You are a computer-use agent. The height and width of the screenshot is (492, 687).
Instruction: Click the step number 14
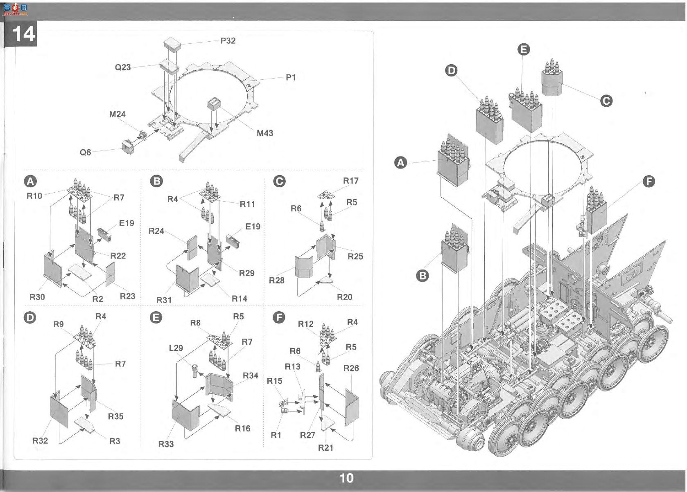[24, 34]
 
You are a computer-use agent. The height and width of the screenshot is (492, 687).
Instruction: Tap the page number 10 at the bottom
[346, 478]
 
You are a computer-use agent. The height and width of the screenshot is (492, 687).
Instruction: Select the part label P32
[228, 41]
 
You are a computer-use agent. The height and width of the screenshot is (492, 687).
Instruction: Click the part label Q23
[123, 67]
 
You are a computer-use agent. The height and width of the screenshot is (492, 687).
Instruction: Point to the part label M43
[264, 133]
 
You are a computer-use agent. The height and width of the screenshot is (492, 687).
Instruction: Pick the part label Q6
[85, 152]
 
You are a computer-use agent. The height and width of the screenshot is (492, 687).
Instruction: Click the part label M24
[117, 114]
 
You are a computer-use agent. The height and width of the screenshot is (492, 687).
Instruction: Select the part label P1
[291, 77]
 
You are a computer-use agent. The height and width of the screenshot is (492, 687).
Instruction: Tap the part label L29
[176, 348]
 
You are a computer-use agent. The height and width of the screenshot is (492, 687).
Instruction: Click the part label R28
[276, 280]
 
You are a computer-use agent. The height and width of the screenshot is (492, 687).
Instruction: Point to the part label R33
[166, 444]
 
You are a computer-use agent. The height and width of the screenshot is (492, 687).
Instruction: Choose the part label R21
[325, 447]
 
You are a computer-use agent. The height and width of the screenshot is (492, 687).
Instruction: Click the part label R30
[37, 297]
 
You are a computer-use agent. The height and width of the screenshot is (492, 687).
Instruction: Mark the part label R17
[350, 181]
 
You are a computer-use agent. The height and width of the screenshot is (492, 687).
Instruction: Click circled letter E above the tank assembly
[524, 49]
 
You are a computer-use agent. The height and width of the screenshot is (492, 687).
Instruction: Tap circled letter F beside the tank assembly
[649, 182]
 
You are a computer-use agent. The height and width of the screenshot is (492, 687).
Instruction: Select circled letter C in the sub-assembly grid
[279, 181]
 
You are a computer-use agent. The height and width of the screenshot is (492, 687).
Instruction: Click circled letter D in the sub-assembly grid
[30, 317]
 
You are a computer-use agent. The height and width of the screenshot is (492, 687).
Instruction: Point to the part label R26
[351, 368]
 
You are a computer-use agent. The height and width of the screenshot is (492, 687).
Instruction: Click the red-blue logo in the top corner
[15, 9]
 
